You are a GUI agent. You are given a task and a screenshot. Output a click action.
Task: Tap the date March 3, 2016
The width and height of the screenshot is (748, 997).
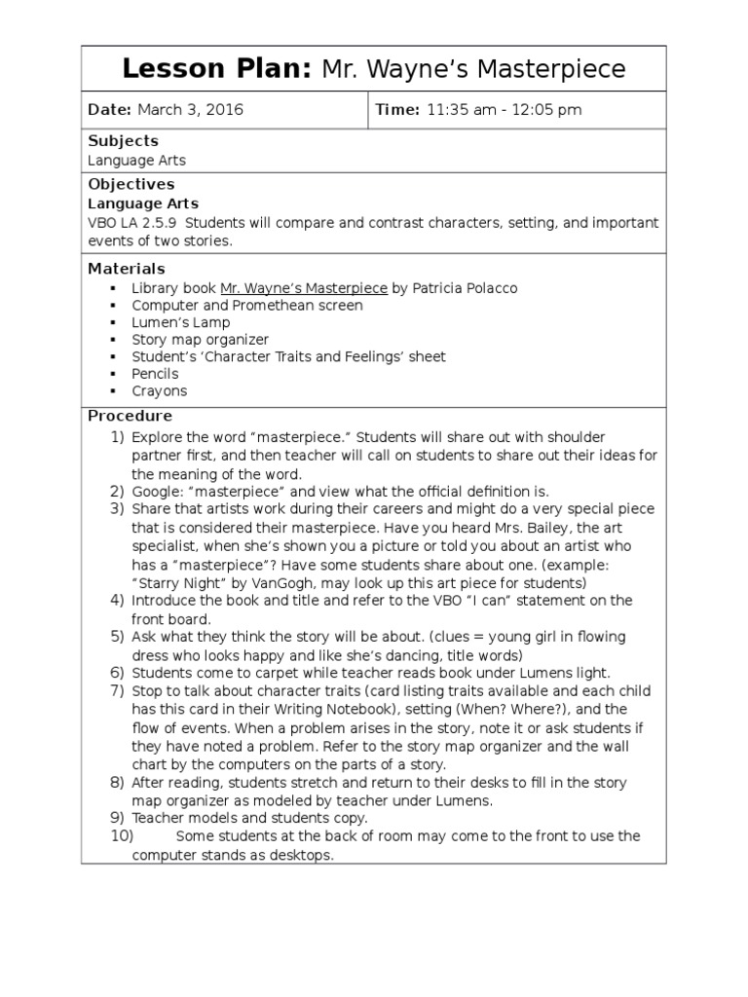[190, 110]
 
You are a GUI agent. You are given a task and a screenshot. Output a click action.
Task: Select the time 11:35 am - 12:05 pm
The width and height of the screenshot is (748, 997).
[504, 110]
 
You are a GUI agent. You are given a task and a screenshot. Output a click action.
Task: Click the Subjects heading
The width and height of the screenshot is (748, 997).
[123, 141]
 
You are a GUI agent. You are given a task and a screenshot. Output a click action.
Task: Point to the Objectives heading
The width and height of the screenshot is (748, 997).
[131, 184]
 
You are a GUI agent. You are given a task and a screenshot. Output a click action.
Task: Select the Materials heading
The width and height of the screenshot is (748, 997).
[127, 269]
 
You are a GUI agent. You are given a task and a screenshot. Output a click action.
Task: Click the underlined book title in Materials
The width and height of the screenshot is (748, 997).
[304, 288]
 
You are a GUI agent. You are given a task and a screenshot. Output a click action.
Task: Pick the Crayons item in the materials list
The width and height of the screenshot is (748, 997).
[159, 391]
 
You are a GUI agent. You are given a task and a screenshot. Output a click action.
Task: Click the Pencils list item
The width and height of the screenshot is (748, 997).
[155, 374]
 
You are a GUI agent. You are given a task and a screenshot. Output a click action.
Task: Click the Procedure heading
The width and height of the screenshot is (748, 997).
[130, 416]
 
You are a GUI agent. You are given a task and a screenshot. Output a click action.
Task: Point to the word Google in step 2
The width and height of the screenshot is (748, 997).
[156, 491]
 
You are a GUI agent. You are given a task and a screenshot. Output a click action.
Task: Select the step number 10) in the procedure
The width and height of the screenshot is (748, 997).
[123, 836]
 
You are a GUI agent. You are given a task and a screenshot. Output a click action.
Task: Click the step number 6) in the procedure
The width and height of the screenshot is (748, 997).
[117, 673]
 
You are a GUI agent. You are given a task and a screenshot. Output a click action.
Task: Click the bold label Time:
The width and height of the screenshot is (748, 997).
[397, 110]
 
